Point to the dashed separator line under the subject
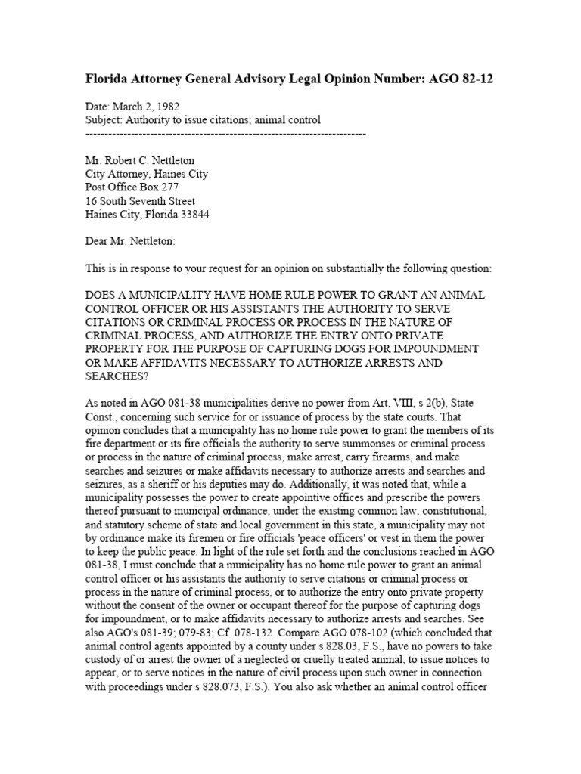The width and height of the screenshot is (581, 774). coord(225,133)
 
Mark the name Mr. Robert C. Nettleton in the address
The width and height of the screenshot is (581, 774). coord(144,160)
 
